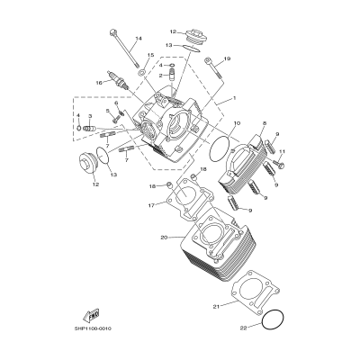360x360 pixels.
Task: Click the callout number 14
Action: coord(138,39)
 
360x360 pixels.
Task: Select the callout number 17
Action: coord(150,205)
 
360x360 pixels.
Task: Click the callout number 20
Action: coord(164,238)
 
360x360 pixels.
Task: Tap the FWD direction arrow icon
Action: coord(92,313)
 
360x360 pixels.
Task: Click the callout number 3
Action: coord(89,116)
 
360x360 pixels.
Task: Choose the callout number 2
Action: coord(160,76)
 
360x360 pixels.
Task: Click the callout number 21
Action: coord(216,307)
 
